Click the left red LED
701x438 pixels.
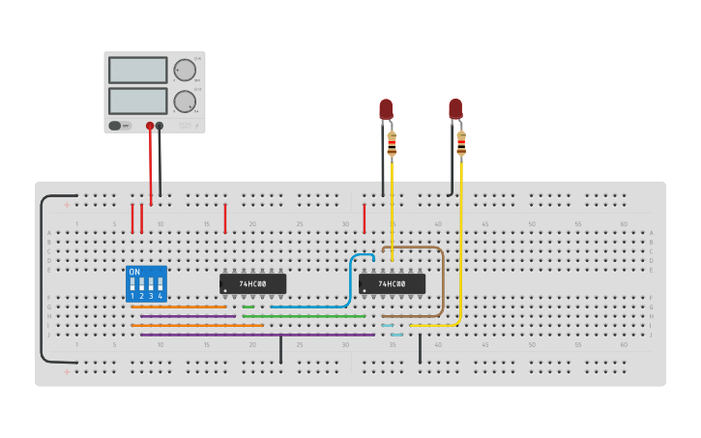pyautogui.click(x=386, y=108)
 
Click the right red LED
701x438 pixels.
pyautogui.click(x=454, y=108)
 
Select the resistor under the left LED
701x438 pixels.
pyautogui.click(x=392, y=144)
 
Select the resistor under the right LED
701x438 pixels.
pyautogui.click(x=461, y=143)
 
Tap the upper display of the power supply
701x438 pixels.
pyautogui.click(x=138, y=70)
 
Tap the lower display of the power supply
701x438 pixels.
pyautogui.click(x=138, y=101)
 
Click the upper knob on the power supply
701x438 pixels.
pyautogui.click(x=184, y=70)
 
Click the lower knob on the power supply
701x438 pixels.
pyautogui.click(x=184, y=101)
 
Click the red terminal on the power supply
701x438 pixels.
pyautogui.click(x=150, y=126)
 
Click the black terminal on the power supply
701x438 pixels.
pyautogui.click(x=161, y=126)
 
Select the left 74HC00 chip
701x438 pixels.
pyautogui.click(x=252, y=283)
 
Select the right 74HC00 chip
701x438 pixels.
pyautogui.click(x=392, y=283)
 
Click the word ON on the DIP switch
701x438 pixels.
pyautogui.click(x=134, y=272)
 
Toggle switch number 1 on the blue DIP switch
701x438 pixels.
pyautogui.click(x=133, y=287)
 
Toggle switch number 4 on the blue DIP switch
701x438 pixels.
pyautogui.click(x=160, y=287)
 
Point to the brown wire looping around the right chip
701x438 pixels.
pyautogui.click(x=443, y=280)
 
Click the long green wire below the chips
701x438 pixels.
pyautogui.click(x=304, y=316)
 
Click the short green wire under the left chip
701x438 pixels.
pyautogui.click(x=248, y=307)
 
